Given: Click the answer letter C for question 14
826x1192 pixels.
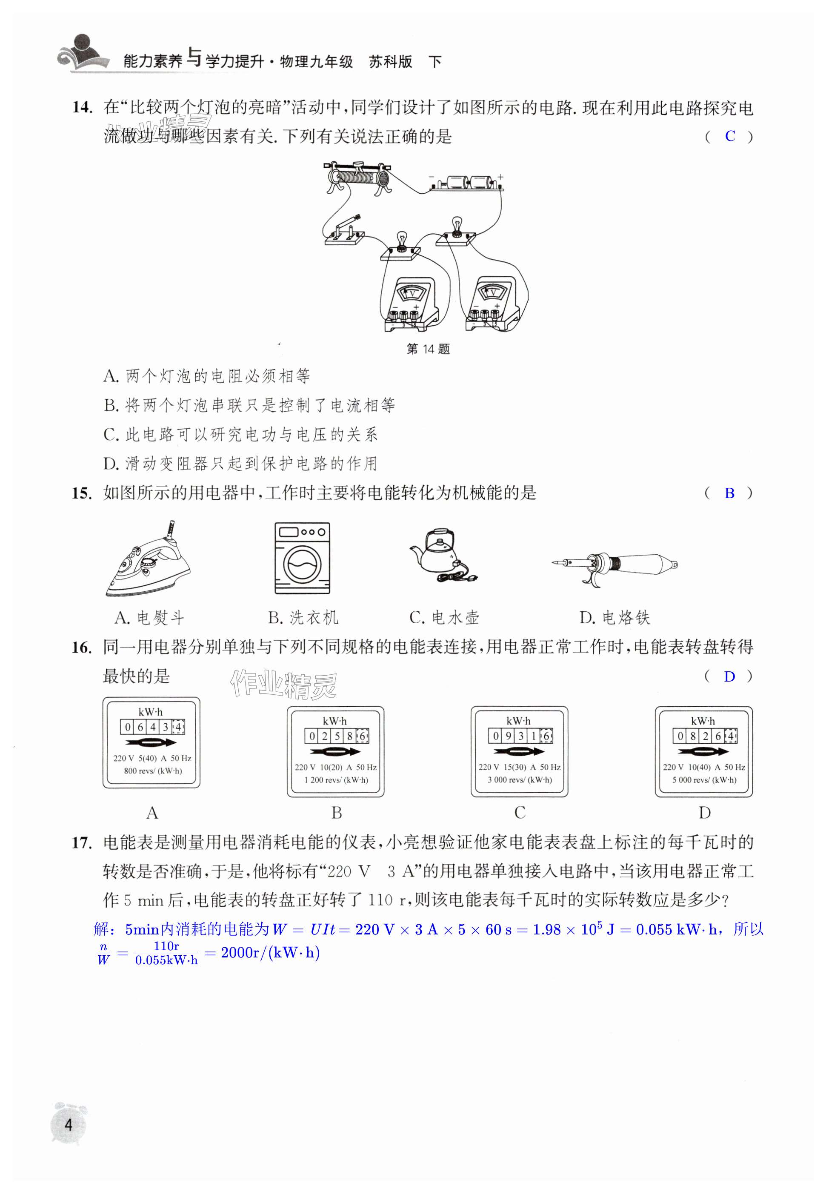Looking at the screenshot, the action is tap(730, 136).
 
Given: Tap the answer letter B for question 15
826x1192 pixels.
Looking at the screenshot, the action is tap(729, 493).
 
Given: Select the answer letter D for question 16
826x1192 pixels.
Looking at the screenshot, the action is tap(729, 676).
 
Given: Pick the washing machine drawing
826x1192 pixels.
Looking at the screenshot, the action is tap(302, 558).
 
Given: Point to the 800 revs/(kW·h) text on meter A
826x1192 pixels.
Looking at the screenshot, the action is tap(153, 771).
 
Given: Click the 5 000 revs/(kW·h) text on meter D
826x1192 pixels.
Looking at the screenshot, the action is tap(704, 780).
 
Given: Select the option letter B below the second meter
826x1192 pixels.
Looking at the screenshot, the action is tap(337, 813).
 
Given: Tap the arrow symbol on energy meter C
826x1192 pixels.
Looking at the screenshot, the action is tap(519, 751).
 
